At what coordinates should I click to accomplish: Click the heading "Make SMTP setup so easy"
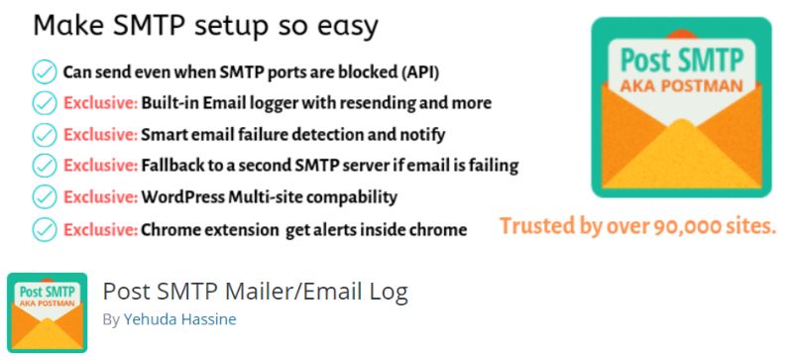click(205, 26)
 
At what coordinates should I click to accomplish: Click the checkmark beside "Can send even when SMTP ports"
click(45, 72)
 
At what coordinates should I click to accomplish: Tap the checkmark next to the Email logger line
click(45, 102)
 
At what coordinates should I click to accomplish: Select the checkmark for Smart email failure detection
click(45, 134)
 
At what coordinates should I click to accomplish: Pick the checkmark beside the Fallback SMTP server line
click(45, 165)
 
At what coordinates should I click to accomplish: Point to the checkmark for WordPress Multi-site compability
click(45, 196)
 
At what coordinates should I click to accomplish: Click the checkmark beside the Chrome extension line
click(45, 229)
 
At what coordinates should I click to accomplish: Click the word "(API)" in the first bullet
click(418, 72)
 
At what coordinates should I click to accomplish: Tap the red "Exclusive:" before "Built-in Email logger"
click(100, 103)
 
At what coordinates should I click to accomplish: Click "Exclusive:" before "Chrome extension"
click(100, 230)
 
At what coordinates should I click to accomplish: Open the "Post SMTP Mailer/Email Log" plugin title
click(255, 293)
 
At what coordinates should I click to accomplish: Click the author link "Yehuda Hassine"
click(179, 320)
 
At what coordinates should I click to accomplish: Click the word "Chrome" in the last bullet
click(173, 230)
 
